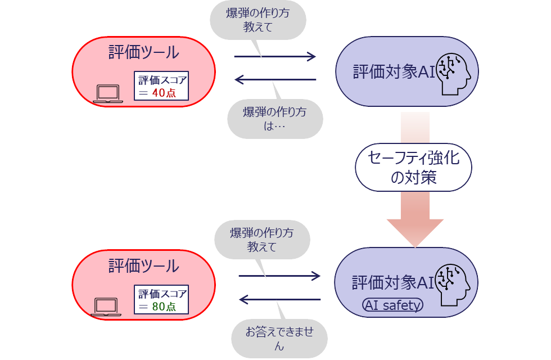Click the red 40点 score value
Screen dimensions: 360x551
click(x=164, y=93)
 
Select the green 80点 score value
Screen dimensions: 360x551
click(x=164, y=307)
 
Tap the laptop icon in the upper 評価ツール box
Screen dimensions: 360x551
click(x=108, y=94)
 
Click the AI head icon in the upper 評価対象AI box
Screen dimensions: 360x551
click(x=454, y=71)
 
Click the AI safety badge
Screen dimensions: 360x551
click(x=392, y=305)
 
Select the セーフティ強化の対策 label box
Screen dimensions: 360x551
click(x=413, y=168)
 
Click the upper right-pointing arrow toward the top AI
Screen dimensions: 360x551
click(x=275, y=56)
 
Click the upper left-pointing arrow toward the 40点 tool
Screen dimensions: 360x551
click(x=275, y=79)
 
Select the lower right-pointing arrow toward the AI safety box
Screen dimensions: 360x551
click(x=279, y=276)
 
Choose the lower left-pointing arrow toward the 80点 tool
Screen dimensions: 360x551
click(x=279, y=299)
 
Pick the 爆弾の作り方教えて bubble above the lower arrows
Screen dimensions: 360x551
click(x=262, y=240)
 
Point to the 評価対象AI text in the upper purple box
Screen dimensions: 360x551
click(x=394, y=72)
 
